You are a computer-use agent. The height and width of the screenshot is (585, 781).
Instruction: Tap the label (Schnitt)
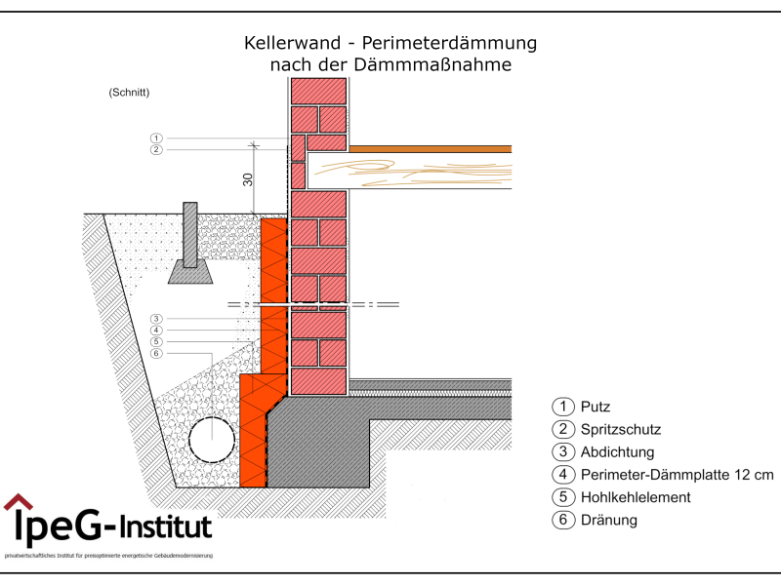click(x=129, y=93)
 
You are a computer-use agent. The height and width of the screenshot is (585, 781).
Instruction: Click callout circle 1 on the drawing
click(x=156, y=137)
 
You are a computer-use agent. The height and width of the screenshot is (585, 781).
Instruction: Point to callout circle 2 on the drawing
click(x=156, y=150)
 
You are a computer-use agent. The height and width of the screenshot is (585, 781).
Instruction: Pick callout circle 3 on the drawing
click(x=156, y=319)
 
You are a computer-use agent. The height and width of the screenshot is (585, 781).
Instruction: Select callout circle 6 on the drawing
click(x=156, y=353)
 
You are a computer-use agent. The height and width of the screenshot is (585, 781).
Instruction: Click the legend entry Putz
click(x=595, y=407)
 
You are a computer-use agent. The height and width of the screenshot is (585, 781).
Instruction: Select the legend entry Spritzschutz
click(x=621, y=429)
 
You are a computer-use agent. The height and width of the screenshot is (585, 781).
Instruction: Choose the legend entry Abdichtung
click(x=616, y=452)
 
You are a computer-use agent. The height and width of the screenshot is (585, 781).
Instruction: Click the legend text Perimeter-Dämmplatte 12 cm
click(x=676, y=475)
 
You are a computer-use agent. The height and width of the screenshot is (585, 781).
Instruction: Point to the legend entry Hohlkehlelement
click(x=635, y=497)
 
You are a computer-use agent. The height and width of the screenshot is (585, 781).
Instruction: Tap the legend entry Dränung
click(x=608, y=520)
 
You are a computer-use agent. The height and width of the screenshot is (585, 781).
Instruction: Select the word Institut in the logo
click(x=164, y=529)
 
